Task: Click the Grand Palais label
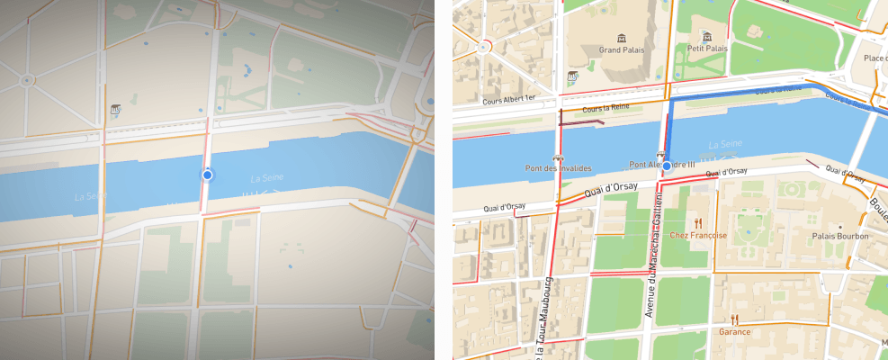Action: pos(618,51)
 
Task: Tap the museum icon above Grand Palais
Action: pos(619,38)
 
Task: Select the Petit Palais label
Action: pos(706,49)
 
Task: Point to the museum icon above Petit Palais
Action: pos(706,36)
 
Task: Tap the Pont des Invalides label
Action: pos(560,168)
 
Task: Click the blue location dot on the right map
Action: pos(667,166)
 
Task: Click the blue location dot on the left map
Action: pos(207,175)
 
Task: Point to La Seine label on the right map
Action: pos(725,144)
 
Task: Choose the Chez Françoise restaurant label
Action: pos(697,235)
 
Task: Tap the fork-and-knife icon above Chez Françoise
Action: pos(697,222)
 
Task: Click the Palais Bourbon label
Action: pos(839,236)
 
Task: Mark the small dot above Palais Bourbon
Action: pos(839,226)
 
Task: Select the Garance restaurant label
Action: pos(735,331)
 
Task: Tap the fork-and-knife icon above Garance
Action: pos(735,319)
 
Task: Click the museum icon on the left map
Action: pos(115,110)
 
